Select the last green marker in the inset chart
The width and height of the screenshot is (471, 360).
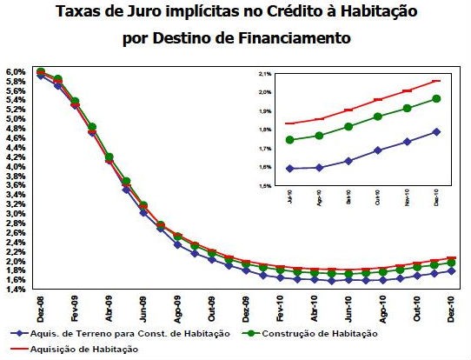[437, 98]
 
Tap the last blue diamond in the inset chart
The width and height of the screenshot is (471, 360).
[437, 131]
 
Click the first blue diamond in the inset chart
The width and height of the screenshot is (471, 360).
[289, 168]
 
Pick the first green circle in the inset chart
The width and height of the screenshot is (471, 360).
[289, 140]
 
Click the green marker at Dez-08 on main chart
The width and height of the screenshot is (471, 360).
[41, 70]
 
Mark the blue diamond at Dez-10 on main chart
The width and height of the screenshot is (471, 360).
[452, 270]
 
